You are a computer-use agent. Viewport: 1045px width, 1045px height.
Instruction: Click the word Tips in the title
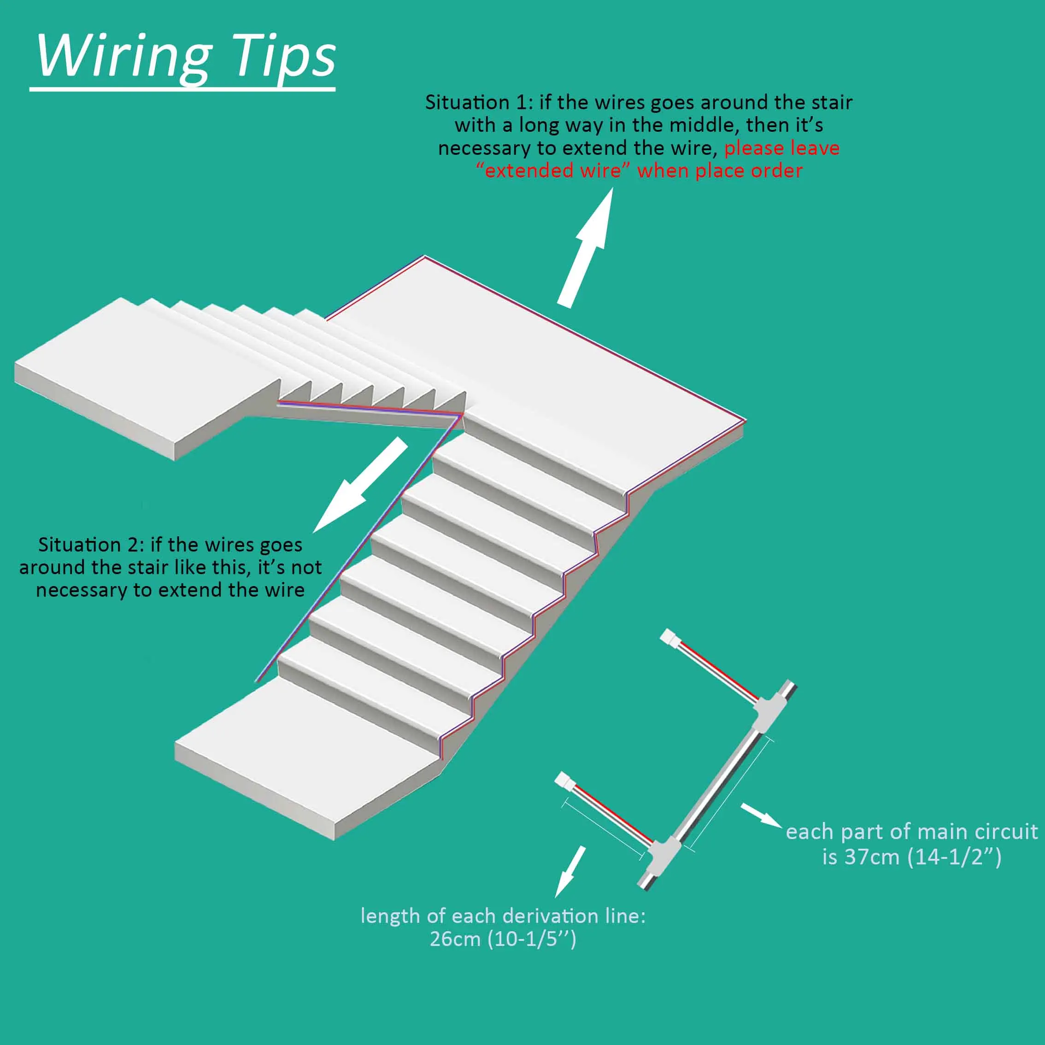283,57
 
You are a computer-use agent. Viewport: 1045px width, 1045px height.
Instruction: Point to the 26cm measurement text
454,939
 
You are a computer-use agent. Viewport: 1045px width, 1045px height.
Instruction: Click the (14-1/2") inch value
955,857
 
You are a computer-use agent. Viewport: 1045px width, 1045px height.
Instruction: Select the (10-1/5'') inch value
532,939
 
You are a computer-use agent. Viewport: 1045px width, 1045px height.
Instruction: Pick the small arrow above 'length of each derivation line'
569,870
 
